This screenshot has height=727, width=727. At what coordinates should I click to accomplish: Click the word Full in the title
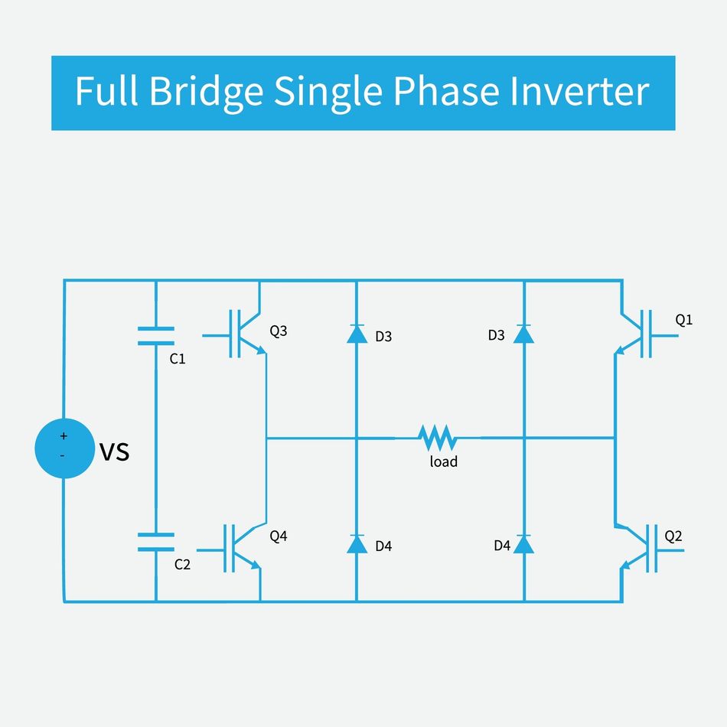point(107,92)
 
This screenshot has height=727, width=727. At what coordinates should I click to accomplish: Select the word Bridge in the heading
point(206,92)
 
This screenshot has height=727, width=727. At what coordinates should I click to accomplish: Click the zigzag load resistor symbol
point(438,438)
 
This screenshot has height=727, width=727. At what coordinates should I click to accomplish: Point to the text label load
point(443,461)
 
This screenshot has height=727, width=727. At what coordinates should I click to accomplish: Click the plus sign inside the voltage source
point(64,436)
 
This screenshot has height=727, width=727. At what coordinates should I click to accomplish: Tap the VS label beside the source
point(115,452)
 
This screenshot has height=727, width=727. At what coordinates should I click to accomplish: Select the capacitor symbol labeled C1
point(155,336)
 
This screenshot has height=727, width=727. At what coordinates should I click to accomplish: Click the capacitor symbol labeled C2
point(155,543)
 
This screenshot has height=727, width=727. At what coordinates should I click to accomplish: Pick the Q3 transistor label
point(279,331)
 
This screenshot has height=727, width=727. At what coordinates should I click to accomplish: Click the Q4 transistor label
point(279,536)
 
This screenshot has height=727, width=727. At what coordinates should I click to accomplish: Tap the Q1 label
point(683,320)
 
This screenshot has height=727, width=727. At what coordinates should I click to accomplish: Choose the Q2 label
point(673,536)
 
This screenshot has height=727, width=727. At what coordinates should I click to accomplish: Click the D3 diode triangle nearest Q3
point(357,334)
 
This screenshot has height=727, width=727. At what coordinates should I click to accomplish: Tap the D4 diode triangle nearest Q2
point(523,543)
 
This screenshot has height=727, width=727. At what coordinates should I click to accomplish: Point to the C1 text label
point(178,358)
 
